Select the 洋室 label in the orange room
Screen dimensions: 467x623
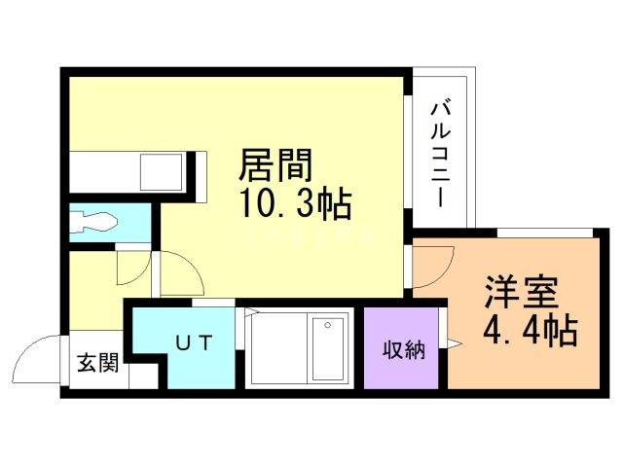522,291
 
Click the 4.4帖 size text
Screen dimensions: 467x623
530,331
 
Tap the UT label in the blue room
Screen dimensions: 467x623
190,342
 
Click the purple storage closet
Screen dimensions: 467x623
401,348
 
